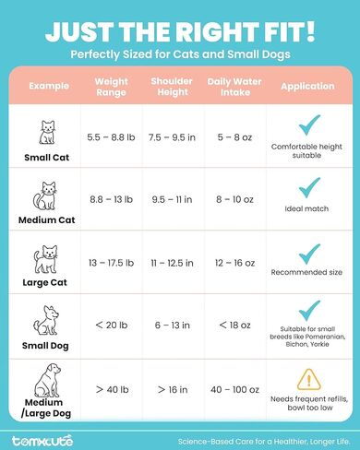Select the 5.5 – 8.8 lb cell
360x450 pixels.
[112, 138]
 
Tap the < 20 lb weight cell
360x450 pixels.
[112, 326]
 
